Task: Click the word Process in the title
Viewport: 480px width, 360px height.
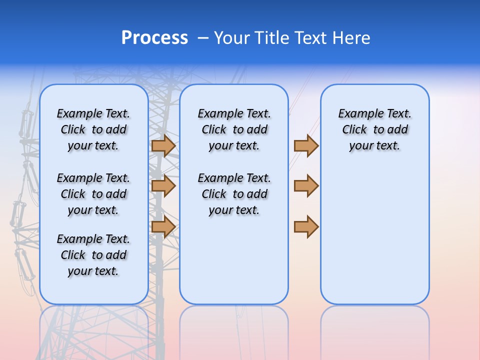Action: pos(154,37)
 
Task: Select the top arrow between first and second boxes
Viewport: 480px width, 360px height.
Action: pos(163,145)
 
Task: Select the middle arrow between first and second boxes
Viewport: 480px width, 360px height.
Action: pos(163,186)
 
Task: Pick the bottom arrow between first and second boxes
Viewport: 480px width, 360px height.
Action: pos(163,226)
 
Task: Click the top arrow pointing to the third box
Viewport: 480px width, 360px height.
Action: pos(306,145)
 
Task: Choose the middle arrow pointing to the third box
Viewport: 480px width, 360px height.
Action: pos(306,186)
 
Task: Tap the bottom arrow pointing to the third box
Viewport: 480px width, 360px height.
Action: pos(306,226)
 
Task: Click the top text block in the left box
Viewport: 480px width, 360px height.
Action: pos(93,129)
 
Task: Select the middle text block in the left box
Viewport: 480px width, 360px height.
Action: pos(93,194)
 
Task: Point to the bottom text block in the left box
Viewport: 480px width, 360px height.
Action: pos(93,255)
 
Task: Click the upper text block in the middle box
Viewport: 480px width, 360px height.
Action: pos(234,129)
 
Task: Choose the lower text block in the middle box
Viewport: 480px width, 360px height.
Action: pos(234,194)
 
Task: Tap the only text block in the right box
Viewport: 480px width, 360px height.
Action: pos(374,129)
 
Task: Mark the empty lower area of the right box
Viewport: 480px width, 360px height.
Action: pos(374,235)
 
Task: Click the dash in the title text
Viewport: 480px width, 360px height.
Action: pos(203,37)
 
